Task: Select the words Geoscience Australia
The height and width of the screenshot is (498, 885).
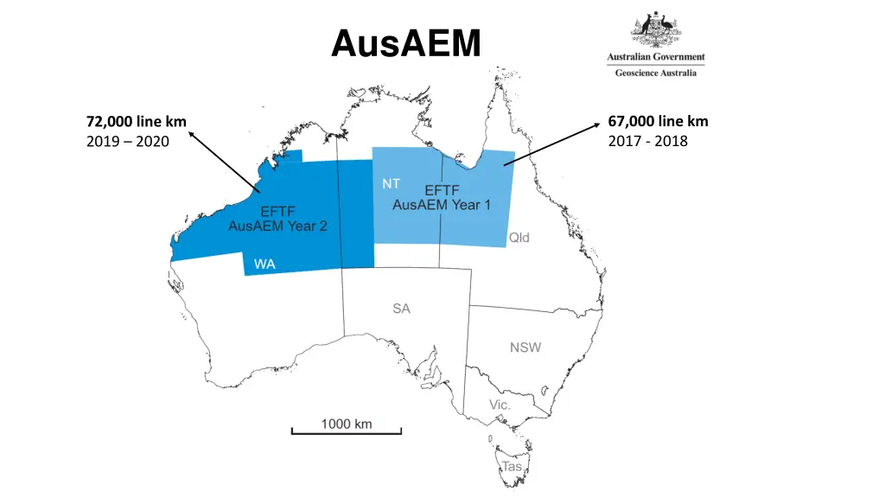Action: [x=656, y=73]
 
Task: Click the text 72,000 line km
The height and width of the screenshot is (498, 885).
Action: [x=137, y=121]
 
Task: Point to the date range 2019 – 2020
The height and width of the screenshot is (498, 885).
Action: [x=128, y=141]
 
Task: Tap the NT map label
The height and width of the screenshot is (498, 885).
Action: [x=391, y=184]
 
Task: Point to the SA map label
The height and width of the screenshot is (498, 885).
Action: [x=401, y=309]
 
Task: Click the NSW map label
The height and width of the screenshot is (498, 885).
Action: [x=525, y=348]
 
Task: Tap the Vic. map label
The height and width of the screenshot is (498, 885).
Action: [x=500, y=405]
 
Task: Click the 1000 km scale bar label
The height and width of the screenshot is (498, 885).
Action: [x=347, y=424]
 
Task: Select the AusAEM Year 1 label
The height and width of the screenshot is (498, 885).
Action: [x=442, y=205]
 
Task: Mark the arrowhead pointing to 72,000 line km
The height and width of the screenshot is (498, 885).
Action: [x=191, y=133]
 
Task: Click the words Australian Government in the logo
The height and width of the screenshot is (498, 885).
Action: [x=656, y=57]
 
